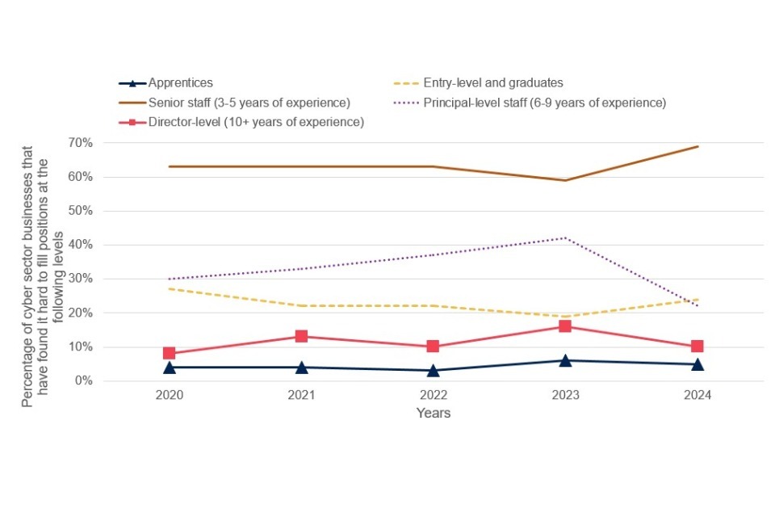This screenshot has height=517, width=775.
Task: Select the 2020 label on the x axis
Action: [x=170, y=397]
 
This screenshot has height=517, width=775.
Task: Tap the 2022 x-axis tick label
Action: [x=433, y=397]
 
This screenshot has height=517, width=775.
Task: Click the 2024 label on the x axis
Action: [x=697, y=397]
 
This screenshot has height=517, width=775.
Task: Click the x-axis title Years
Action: [x=434, y=413]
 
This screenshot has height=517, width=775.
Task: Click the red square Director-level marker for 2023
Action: [x=565, y=326]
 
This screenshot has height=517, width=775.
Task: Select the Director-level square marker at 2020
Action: [x=170, y=353]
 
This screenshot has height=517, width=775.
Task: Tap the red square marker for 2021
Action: [x=301, y=336]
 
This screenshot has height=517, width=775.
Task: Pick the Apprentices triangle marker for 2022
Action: [x=433, y=370]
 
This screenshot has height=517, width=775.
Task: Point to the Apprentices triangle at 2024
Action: [x=697, y=364]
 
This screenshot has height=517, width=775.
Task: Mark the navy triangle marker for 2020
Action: [x=170, y=367]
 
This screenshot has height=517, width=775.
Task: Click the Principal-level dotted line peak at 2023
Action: [x=565, y=237]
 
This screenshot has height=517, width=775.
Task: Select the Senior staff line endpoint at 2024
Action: [x=697, y=146]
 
